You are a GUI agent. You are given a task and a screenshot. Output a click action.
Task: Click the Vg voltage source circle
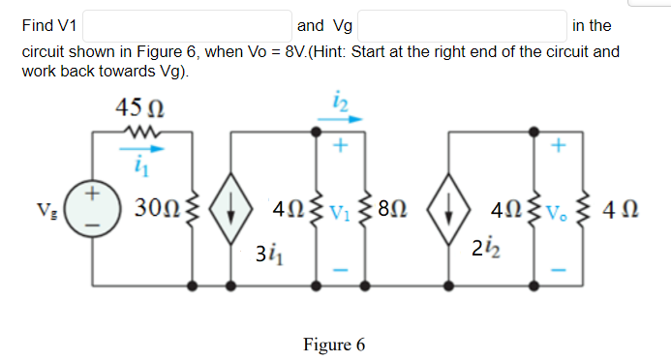(x=93, y=207)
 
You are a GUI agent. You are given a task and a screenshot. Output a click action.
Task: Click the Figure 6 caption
(x=334, y=345)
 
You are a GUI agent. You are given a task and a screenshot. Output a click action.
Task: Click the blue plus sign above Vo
(x=559, y=147)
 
